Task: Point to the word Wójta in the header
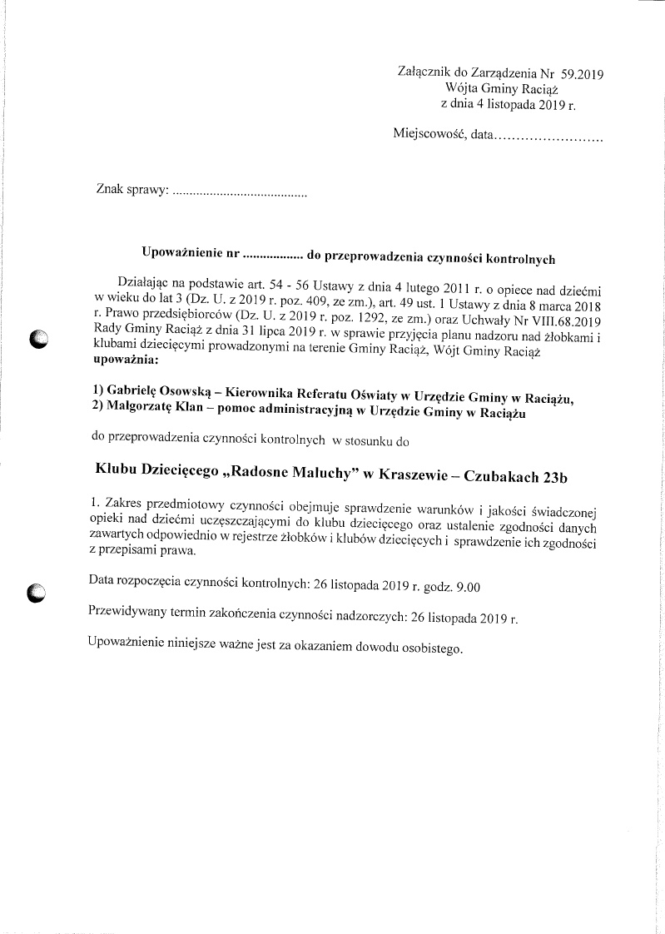(462, 90)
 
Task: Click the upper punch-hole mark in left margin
(39, 340)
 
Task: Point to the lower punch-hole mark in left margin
(38, 593)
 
